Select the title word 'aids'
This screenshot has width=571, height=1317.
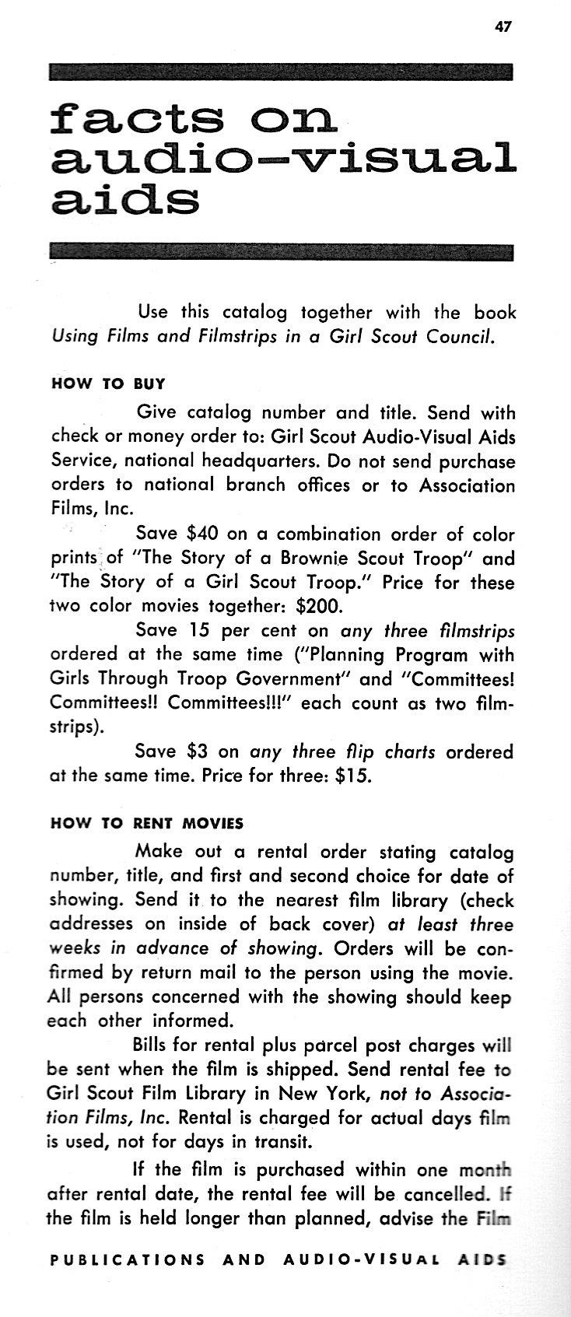(124, 200)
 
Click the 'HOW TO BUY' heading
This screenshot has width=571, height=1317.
(107, 384)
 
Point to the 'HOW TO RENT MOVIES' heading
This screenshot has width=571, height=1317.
(146, 823)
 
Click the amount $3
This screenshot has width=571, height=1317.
(198, 752)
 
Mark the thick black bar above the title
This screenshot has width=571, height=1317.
(281, 72)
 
